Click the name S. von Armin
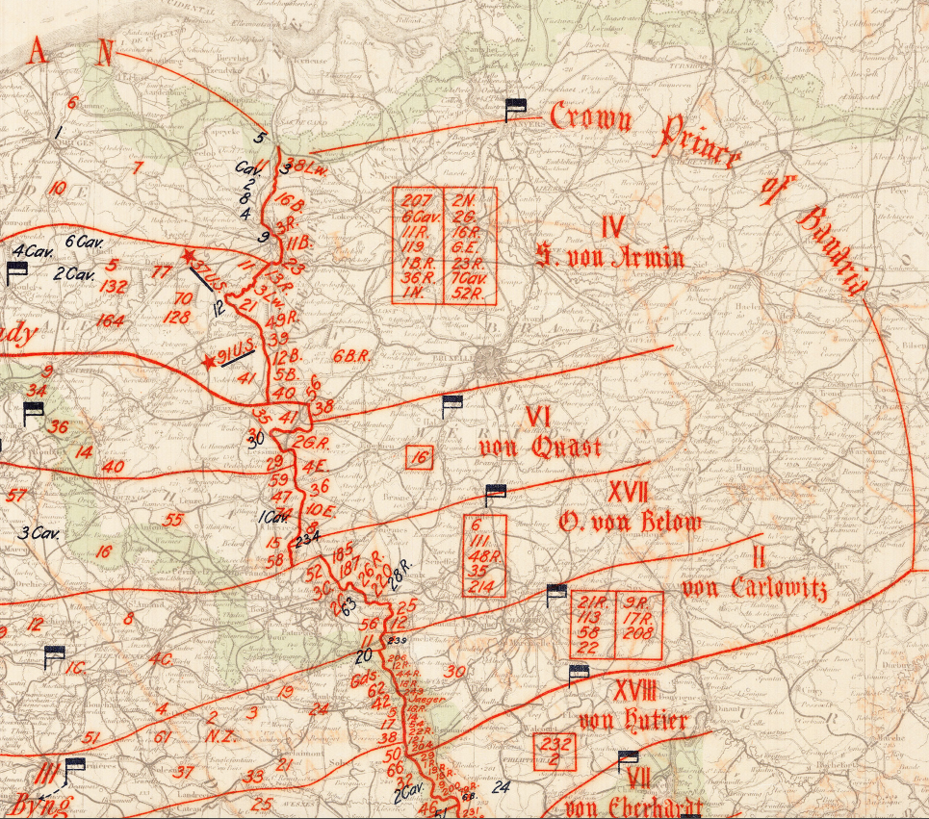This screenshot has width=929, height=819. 610,258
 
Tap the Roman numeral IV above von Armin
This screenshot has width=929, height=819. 612,227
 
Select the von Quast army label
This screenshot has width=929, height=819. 539,448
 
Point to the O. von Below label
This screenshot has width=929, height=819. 630,523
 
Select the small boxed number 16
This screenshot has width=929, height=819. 419,458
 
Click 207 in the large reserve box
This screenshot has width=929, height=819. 418,201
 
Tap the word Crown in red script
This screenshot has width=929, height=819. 591,117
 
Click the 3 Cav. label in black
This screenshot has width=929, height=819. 36,532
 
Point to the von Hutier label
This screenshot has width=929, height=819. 632,720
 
